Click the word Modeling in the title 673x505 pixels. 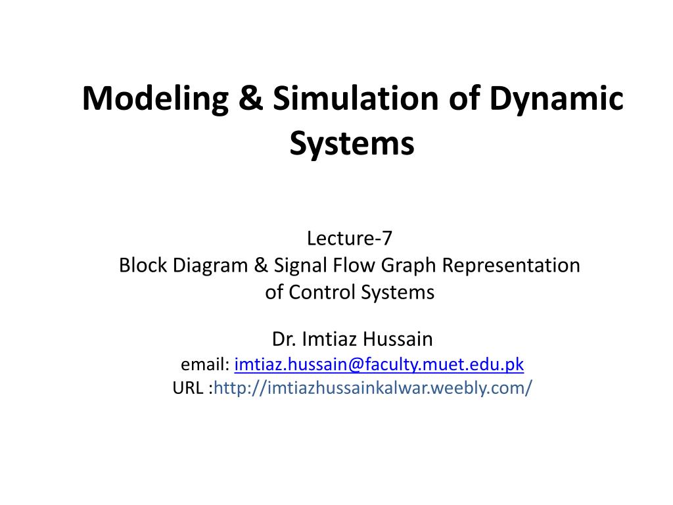[x=155, y=100]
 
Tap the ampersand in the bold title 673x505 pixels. [x=250, y=98]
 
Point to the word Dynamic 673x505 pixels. [x=556, y=100]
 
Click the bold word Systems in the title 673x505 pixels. [x=352, y=144]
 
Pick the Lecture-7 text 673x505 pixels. [x=350, y=238]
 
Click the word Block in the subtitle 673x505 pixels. [x=143, y=265]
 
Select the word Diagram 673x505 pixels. [x=210, y=266]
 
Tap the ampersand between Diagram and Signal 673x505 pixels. [x=261, y=265]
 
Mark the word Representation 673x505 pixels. [x=511, y=266]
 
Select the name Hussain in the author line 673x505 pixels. [x=398, y=339]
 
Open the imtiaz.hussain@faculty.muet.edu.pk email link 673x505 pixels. [x=379, y=364]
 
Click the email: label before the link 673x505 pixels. [x=205, y=364]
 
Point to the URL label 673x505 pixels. [x=189, y=388]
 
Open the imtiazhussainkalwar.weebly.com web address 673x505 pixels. [x=373, y=388]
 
